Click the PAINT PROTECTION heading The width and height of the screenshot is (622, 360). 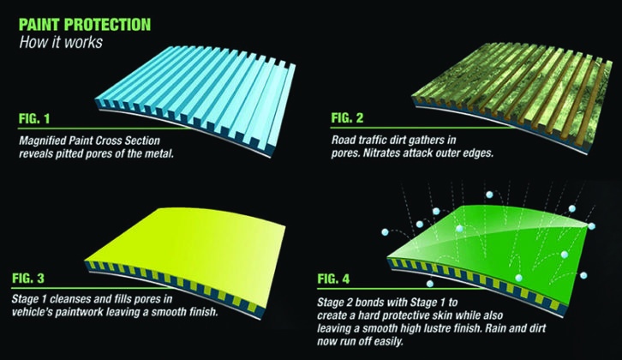[x=85, y=25]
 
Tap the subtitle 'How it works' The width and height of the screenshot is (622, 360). [x=61, y=42]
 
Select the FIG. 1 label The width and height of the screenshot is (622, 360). [x=34, y=118]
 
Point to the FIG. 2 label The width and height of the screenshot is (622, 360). [x=347, y=118]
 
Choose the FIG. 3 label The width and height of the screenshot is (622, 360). [x=28, y=279]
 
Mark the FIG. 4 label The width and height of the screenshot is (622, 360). [x=333, y=279]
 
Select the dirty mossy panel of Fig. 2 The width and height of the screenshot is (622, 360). [x=511, y=95]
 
